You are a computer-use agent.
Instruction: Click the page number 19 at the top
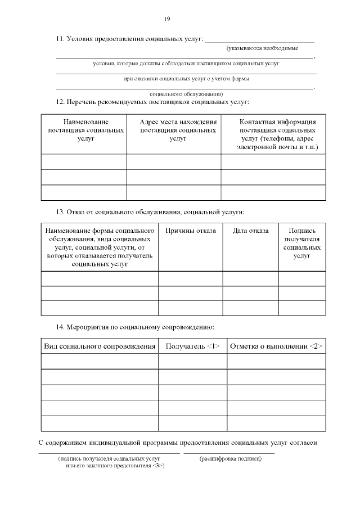(167, 19)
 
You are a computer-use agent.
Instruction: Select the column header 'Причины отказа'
(190, 231)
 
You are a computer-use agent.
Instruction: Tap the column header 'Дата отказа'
(250, 231)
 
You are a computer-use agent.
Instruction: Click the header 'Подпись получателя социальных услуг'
(301, 243)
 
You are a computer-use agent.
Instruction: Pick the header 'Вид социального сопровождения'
(100, 346)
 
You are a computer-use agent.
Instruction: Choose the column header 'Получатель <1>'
(192, 346)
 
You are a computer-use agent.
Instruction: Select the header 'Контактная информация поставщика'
(278, 134)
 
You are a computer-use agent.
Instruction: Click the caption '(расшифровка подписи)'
(230, 458)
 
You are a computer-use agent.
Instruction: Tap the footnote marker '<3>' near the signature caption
(158, 466)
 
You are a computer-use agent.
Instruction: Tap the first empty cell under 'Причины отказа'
(190, 278)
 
